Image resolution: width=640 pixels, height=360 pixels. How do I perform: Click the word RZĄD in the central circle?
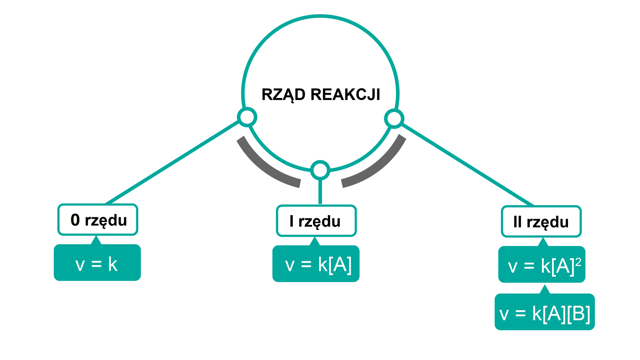click(283, 95)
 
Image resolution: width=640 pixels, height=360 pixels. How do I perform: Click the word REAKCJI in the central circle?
click(345, 95)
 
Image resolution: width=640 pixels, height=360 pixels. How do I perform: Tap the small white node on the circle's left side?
click(247, 117)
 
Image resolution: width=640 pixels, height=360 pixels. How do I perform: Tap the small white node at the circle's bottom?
click(320, 170)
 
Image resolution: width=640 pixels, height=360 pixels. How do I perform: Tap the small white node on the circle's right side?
click(394, 119)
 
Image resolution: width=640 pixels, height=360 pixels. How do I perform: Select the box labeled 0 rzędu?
click(98, 220)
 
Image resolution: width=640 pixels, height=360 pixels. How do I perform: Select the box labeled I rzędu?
click(316, 221)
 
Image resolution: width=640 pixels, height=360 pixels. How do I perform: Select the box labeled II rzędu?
click(541, 222)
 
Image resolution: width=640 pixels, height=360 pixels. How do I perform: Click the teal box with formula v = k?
click(97, 263)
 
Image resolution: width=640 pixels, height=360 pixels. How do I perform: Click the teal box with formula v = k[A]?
click(316, 264)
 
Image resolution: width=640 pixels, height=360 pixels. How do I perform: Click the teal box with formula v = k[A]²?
click(542, 265)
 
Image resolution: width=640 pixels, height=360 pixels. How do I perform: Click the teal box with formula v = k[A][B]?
click(545, 312)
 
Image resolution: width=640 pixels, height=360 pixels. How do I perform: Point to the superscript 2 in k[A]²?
click(578, 262)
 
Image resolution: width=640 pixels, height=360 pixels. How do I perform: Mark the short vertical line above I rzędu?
click(320, 192)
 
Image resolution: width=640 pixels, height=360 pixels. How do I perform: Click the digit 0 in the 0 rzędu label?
click(75, 220)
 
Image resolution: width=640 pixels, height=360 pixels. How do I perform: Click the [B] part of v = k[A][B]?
click(579, 314)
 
